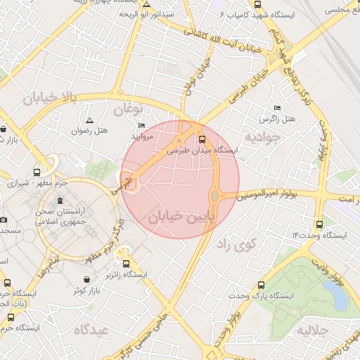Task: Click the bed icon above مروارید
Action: tap(142, 126)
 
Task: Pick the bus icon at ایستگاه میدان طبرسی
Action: tap(202, 139)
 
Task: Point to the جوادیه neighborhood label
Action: tap(263, 135)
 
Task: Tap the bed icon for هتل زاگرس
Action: tap(277, 108)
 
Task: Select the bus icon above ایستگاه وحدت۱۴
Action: tap(320, 224)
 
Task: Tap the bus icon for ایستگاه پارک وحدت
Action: tap(262, 285)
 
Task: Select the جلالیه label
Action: tap(313, 330)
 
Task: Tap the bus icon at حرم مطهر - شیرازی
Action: tap(37, 172)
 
